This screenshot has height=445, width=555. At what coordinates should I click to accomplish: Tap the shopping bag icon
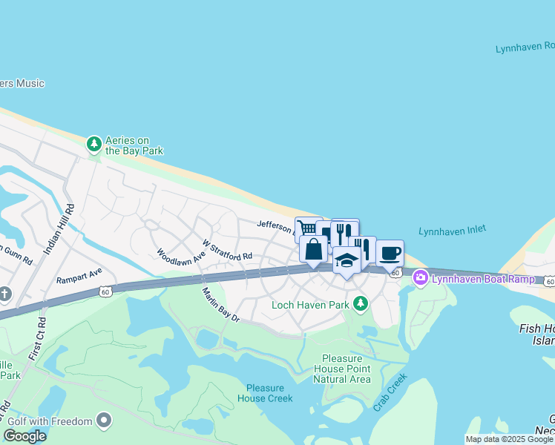tap(314, 248)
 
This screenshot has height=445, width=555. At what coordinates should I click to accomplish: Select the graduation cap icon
tap(347, 260)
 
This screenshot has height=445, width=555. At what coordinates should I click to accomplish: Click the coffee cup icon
tap(390, 253)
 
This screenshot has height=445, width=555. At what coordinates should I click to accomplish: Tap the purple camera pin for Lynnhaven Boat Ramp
tap(421, 278)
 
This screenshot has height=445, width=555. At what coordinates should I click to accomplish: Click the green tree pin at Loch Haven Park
tap(361, 303)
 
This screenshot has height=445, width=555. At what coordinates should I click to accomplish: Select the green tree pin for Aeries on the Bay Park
tap(94, 144)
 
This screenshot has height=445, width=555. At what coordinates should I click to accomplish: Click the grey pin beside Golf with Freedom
tap(104, 421)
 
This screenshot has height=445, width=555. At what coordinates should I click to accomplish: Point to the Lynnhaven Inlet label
tap(453, 231)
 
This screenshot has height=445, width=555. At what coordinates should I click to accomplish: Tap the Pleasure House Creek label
tap(265, 393)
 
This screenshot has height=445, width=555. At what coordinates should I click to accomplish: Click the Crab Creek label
tap(390, 393)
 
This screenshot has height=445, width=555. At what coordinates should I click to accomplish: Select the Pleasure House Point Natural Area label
tap(341, 369)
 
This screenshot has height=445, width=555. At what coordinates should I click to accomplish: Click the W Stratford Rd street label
tap(227, 250)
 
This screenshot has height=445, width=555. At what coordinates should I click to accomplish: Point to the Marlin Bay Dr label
tap(221, 304)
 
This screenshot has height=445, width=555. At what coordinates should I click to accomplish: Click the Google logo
tap(24, 436)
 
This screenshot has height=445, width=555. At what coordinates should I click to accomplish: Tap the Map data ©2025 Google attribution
tap(509, 439)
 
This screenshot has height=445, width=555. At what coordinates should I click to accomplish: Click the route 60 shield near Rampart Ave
tap(108, 292)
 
